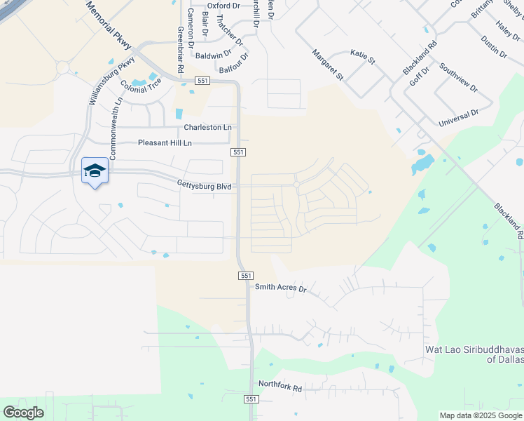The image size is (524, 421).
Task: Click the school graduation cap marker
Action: tap(95, 171)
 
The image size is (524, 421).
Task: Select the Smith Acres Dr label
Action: tap(281, 288)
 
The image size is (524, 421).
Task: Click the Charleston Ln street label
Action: tap(207, 128)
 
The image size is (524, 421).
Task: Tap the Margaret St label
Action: tap(328, 64)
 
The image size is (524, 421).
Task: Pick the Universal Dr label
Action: tap(458, 118)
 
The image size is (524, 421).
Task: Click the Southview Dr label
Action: tap(458, 79)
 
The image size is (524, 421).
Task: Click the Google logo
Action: tap(23, 413)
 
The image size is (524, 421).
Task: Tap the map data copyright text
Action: tap(481, 415)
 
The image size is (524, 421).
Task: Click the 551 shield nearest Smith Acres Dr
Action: tap(246, 276)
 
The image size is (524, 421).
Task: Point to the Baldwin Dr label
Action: tap(214, 55)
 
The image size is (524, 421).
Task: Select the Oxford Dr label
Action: tap(223, 6)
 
